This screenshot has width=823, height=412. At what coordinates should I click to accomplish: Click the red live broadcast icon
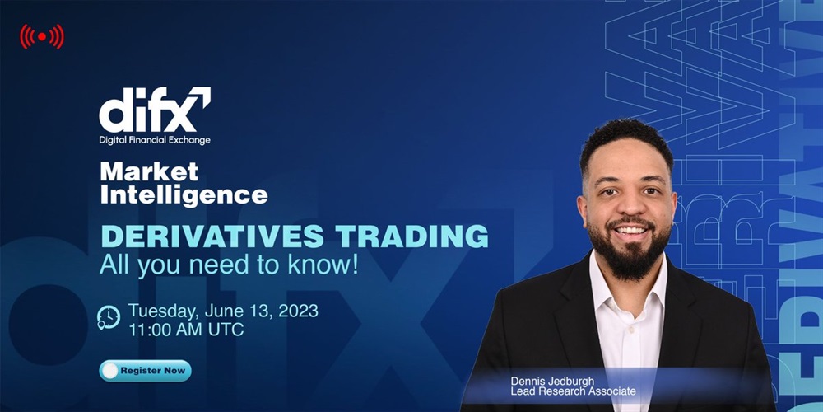[x=42, y=37]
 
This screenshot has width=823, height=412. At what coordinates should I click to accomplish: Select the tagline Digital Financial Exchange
[x=155, y=140]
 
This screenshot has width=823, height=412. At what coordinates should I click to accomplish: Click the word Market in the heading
[x=149, y=171]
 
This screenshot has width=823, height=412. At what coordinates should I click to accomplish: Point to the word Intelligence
[x=184, y=194]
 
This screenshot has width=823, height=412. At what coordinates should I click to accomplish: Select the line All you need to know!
[x=229, y=265]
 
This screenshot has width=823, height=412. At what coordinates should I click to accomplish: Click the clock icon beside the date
[x=108, y=318]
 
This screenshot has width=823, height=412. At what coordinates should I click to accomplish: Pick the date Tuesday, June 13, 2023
[x=223, y=311]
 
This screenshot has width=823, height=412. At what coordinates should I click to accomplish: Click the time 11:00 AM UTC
[x=186, y=330]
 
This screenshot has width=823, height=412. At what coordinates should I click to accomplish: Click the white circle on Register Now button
[x=109, y=371]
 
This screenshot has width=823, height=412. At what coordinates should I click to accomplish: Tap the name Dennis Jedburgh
[x=552, y=381]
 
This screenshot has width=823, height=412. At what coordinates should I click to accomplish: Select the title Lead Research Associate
[x=573, y=391]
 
